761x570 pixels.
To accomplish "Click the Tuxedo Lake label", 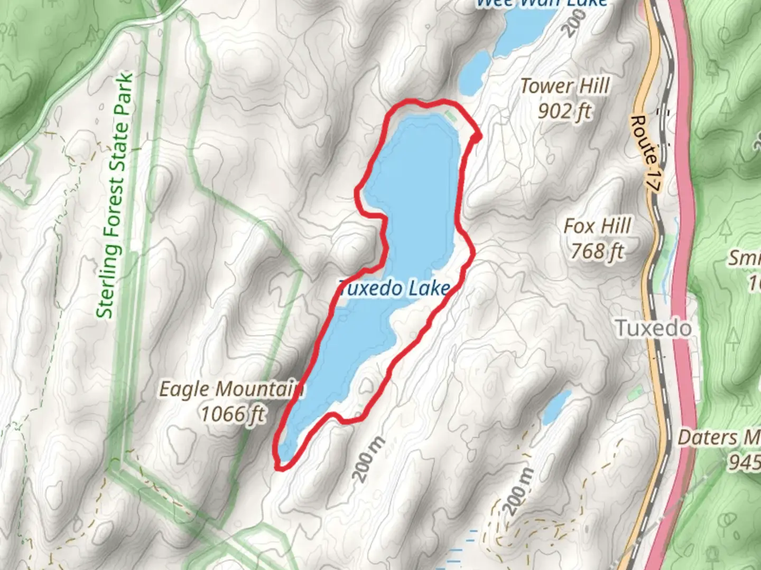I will point(394,288).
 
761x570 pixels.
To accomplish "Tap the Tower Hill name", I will point(565,86).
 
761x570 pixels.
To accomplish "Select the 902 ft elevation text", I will point(564,111).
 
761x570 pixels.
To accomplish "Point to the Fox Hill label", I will point(597,226).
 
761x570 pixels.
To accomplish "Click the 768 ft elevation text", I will point(597,251).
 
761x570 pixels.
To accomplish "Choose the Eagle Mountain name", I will point(231,389).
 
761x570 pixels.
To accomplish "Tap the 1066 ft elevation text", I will point(233,414).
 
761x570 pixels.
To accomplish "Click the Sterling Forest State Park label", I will point(115,195).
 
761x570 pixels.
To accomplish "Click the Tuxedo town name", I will point(654,328).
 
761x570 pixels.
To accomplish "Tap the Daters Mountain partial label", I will point(719,438).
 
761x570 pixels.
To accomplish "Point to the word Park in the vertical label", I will point(125,97).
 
